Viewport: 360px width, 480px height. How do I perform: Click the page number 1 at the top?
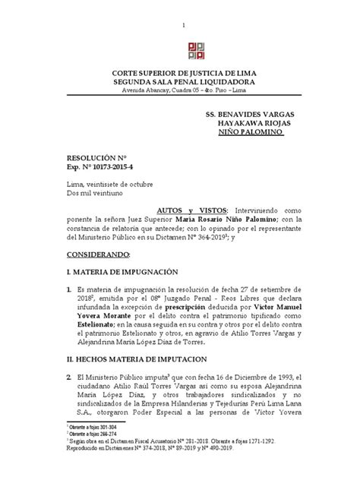pyautogui.click(x=182, y=25)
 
